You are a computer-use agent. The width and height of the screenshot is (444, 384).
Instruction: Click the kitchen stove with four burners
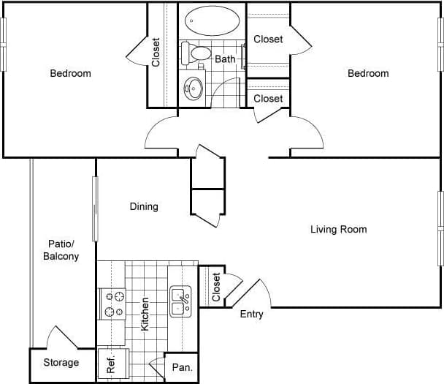point(113,304)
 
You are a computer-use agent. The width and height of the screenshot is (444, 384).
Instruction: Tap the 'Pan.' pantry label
point(181,368)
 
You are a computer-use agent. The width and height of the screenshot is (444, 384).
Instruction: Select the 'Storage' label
point(61,363)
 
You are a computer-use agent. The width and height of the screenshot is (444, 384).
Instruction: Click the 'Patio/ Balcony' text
point(61,250)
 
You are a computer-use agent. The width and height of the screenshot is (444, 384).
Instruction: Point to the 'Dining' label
point(144,207)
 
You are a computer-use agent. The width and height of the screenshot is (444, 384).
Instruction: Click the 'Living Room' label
point(338,230)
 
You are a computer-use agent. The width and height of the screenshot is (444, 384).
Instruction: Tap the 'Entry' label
point(251,315)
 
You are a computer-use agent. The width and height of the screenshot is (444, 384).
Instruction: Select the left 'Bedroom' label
point(70,73)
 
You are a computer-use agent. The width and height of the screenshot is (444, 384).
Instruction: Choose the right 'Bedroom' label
point(368,73)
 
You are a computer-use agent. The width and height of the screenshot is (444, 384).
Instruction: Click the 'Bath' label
point(225,59)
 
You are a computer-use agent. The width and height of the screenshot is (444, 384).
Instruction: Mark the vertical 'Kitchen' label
point(145,314)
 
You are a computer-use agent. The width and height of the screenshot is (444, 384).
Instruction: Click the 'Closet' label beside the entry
point(216,287)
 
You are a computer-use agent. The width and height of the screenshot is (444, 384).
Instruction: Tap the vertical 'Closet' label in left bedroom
point(156,53)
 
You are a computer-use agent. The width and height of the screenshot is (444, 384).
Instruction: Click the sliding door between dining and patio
point(95,208)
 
